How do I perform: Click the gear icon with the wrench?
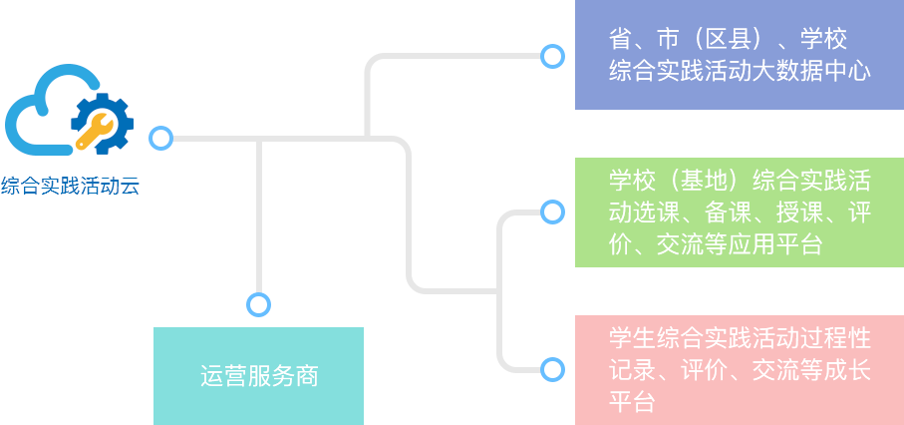click(x=102, y=123)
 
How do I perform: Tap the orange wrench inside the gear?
click(x=95, y=131)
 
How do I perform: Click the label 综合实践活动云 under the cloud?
click(x=70, y=186)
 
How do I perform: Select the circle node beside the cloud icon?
click(x=160, y=139)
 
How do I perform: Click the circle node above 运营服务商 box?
click(x=258, y=304)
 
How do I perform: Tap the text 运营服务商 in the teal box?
click(x=259, y=376)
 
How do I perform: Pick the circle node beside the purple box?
click(x=552, y=57)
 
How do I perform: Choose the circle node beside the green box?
click(x=552, y=212)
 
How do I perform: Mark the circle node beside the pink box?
click(x=552, y=369)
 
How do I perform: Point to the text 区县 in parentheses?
click(x=728, y=39)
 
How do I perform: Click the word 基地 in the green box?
click(x=704, y=182)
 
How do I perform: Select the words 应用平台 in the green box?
click(x=775, y=244)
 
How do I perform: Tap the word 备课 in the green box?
click(x=728, y=213)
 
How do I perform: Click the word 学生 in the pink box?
click(x=633, y=338)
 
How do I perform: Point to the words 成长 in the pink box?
click(x=847, y=369)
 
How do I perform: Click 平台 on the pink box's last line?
click(x=633, y=401)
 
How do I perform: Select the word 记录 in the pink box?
click(x=633, y=369)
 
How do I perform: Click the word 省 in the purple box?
click(x=620, y=39)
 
